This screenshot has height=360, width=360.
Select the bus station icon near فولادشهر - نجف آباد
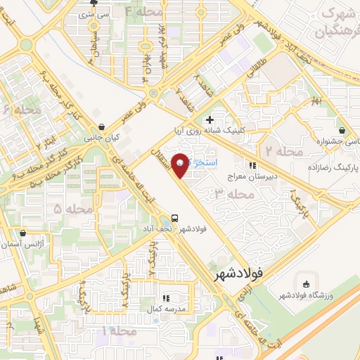point(174,217)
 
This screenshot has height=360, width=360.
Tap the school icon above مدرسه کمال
point(165,298)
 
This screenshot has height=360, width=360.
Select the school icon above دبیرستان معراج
point(252,166)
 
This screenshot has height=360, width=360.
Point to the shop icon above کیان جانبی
point(103,127)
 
